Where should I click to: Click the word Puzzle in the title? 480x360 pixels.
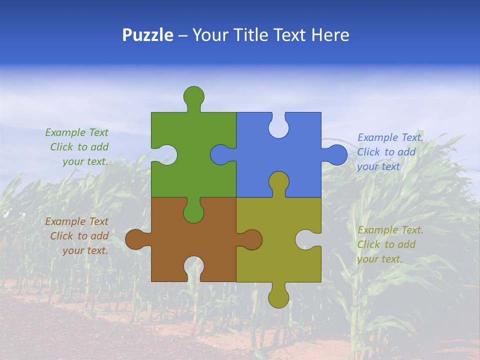coord(147,35)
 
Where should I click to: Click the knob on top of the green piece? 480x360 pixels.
coord(193,96)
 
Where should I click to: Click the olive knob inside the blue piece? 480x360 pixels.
coord(278,182)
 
